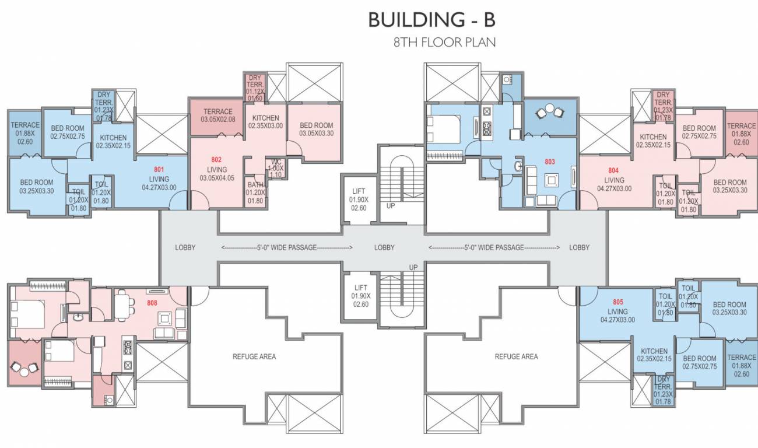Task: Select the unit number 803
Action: [549, 162]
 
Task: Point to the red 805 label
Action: [618, 302]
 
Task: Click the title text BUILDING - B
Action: [431, 20]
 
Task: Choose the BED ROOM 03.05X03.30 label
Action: [316, 129]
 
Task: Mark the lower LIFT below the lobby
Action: [360, 296]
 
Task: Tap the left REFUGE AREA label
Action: [254, 356]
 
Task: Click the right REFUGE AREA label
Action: [516, 356]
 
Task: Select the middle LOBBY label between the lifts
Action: [384, 247]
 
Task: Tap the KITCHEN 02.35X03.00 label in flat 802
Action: [265, 122]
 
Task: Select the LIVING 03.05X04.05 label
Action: [217, 174]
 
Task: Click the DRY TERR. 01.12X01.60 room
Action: [255, 87]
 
